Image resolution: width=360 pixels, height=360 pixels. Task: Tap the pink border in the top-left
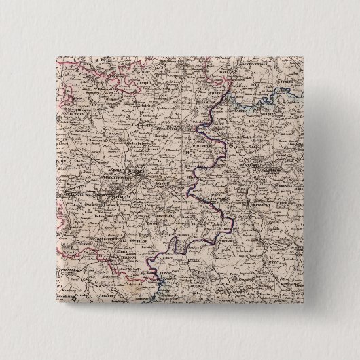(65, 95)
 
